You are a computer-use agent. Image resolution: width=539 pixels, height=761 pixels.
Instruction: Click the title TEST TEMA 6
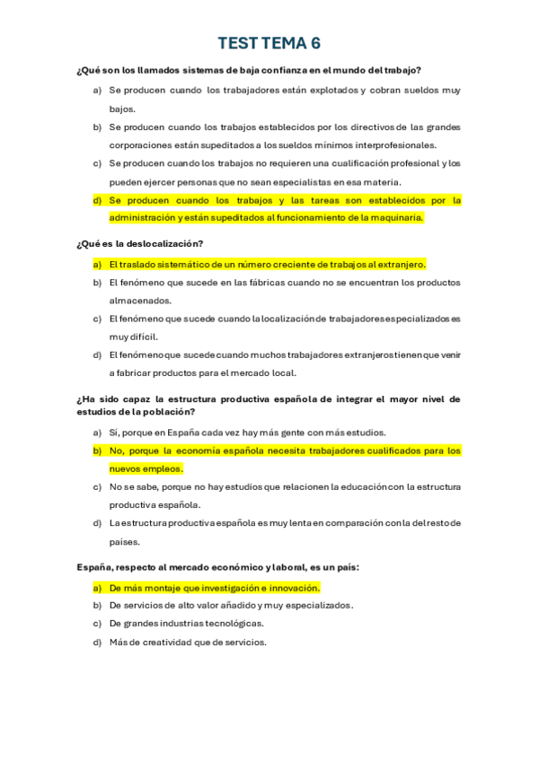click(x=269, y=43)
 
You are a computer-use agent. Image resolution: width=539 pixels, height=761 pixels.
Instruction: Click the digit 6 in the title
click(x=315, y=43)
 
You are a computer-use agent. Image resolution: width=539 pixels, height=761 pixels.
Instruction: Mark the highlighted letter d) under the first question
click(x=97, y=200)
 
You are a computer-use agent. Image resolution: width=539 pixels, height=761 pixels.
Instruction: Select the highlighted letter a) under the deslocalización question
click(x=97, y=264)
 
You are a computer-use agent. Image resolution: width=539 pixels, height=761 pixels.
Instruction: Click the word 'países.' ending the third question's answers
click(x=125, y=542)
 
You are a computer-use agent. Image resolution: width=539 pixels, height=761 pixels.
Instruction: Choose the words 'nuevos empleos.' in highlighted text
click(x=146, y=468)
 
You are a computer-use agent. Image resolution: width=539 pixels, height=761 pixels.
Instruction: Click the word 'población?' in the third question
click(x=168, y=412)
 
